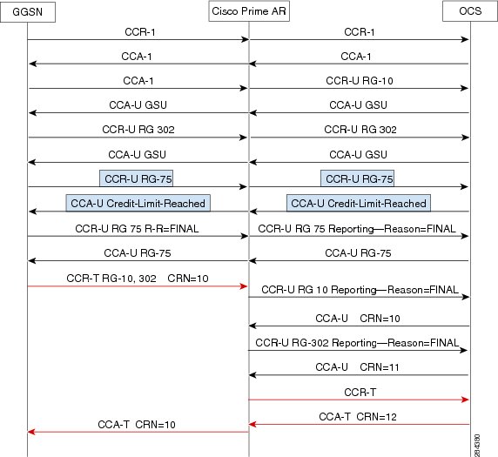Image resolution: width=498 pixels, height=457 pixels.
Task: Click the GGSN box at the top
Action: point(28,12)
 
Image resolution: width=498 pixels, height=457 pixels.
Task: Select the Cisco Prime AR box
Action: point(249,11)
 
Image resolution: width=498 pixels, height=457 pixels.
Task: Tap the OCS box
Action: point(470,11)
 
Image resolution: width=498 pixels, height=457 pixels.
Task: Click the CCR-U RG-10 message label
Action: point(360,81)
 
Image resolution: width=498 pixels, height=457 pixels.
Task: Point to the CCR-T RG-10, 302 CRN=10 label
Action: point(138,279)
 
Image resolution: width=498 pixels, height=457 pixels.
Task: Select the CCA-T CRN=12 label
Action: point(358,416)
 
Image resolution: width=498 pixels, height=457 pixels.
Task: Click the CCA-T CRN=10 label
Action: point(137,424)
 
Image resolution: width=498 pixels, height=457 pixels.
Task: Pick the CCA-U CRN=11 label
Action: point(357,367)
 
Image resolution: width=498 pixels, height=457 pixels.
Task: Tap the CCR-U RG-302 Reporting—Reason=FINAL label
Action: point(357,343)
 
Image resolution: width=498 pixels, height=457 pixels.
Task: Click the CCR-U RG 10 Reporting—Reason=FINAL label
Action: point(360,290)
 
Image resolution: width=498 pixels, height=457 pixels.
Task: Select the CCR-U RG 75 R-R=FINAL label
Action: point(137,229)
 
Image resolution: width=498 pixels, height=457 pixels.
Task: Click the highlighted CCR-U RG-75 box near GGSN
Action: point(136,178)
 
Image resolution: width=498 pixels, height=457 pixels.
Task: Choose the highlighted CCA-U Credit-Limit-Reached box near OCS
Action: point(359,203)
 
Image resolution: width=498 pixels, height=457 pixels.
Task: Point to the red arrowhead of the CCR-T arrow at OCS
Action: point(465,400)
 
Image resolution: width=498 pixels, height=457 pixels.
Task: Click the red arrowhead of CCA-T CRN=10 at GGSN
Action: point(31,432)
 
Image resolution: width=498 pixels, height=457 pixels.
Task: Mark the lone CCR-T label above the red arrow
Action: point(360,393)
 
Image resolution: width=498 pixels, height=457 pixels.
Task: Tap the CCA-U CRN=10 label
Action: point(357,319)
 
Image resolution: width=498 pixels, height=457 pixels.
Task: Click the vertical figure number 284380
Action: point(477,446)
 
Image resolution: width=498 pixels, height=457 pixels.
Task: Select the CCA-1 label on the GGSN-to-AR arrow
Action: point(138,81)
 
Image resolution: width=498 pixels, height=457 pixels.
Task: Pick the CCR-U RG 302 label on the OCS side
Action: point(360,130)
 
